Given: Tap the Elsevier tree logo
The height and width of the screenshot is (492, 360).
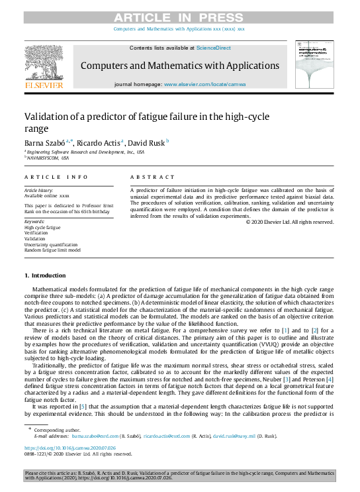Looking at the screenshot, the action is point(44,64).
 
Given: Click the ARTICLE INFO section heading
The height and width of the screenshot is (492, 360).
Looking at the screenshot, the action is point(56,177).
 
